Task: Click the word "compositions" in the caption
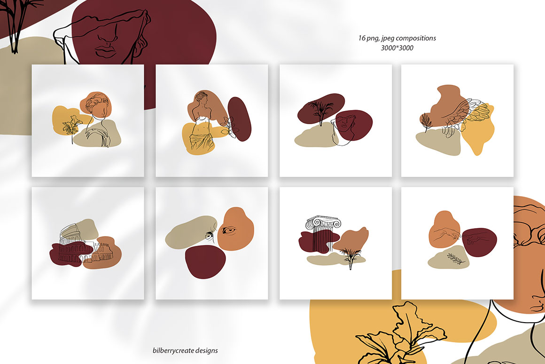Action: click(416, 38)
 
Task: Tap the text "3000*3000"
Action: click(397, 48)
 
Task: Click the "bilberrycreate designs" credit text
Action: click(185, 350)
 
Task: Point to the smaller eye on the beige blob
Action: click(209, 236)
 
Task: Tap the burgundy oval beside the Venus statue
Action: click(240, 119)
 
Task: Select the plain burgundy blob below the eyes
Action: click(205, 261)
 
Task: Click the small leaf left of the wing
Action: click(426, 122)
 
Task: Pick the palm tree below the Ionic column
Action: click(349, 255)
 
